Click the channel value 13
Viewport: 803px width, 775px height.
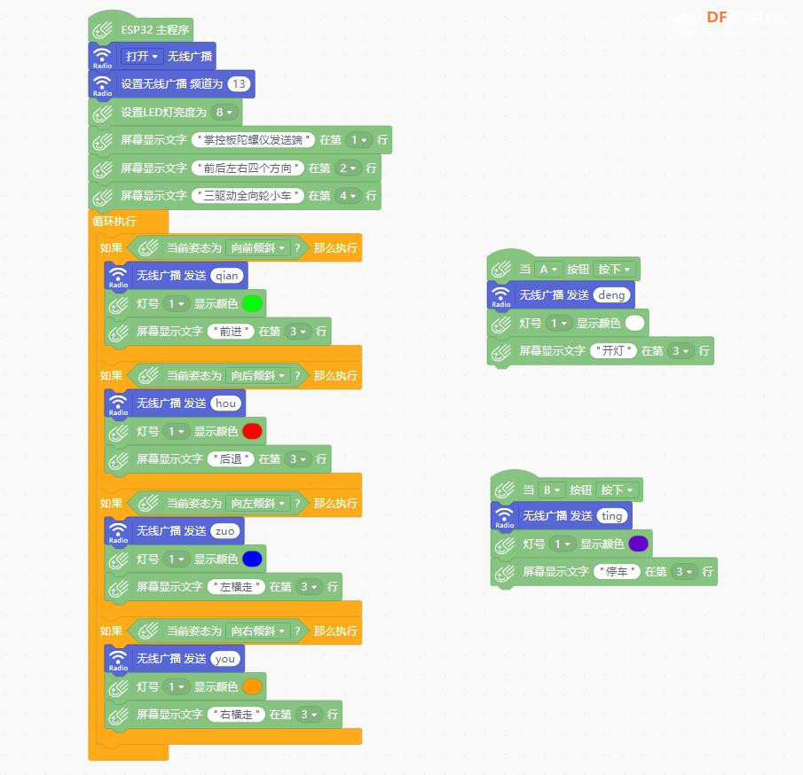pos(239,84)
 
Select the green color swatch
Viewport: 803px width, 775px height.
pos(252,303)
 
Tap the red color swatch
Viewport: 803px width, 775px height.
pos(252,431)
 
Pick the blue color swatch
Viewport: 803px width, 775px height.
pos(252,559)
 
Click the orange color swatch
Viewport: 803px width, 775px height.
pos(252,686)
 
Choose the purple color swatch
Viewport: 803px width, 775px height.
pos(638,544)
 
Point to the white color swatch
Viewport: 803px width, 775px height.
pos(635,323)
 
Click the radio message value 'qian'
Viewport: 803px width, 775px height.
pos(227,276)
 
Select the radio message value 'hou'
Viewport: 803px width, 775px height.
pos(226,403)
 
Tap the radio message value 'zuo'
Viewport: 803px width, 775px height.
pos(225,531)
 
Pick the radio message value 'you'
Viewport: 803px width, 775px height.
pos(225,659)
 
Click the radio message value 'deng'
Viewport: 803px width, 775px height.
pos(611,295)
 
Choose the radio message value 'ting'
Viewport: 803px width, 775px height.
pos(612,516)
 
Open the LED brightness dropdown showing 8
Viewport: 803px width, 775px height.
pos(224,112)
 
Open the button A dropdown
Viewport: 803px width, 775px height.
pos(548,270)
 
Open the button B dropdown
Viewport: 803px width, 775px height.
pos(551,489)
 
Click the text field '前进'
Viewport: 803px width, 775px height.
pos(231,332)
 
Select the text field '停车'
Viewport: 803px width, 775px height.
pos(617,571)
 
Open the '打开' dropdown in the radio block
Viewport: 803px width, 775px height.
pos(142,57)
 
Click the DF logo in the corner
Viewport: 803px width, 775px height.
pos(716,18)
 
